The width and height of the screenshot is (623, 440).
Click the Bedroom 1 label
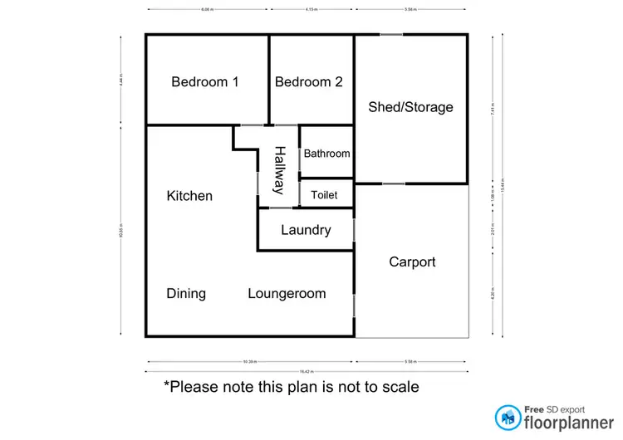click(x=205, y=82)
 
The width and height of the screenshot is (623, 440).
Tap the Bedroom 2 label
click(x=308, y=82)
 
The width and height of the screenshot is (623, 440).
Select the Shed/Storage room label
click(x=410, y=107)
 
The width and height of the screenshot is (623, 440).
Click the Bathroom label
click(x=326, y=154)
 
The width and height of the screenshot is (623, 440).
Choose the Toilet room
click(x=324, y=195)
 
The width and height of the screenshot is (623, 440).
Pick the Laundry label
click(x=306, y=231)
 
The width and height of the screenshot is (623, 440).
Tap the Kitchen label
click(x=189, y=196)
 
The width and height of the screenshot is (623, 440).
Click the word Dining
click(x=186, y=294)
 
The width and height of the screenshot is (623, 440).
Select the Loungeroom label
click(x=287, y=294)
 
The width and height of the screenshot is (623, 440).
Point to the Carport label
click(x=412, y=262)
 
